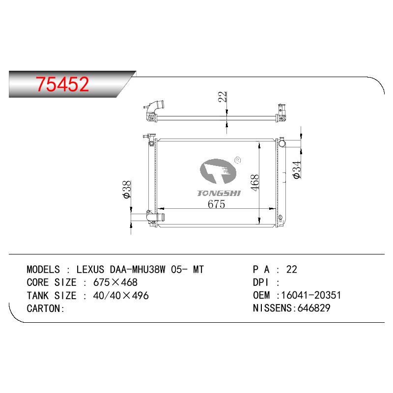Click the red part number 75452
[62, 84]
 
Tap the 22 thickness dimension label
[223, 97]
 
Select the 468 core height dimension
[254, 183]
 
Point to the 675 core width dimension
[217, 204]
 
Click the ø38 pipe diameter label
[127, 189]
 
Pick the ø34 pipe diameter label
[297, 169]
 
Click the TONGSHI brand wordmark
[219, 193]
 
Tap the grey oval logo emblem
[218, 171]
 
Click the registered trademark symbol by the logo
[237, 160]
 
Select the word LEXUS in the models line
[90, 270]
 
